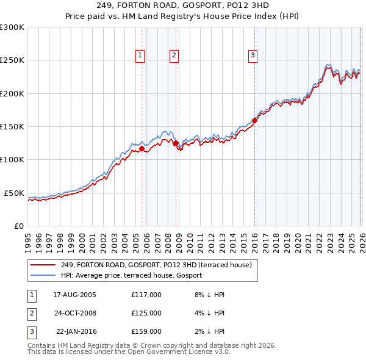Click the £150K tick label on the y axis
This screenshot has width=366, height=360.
(x=12, y=126)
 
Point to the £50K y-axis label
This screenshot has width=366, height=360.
(x=14, y=193)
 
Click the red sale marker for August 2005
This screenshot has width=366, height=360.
(x=142, y=148)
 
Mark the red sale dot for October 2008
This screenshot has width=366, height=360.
(x=176, y=143)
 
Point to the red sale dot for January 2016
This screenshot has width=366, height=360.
(x=254, y=121)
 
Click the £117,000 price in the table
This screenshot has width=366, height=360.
(x=146, y=295)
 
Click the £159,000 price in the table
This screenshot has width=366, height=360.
(x=146, y=331)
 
